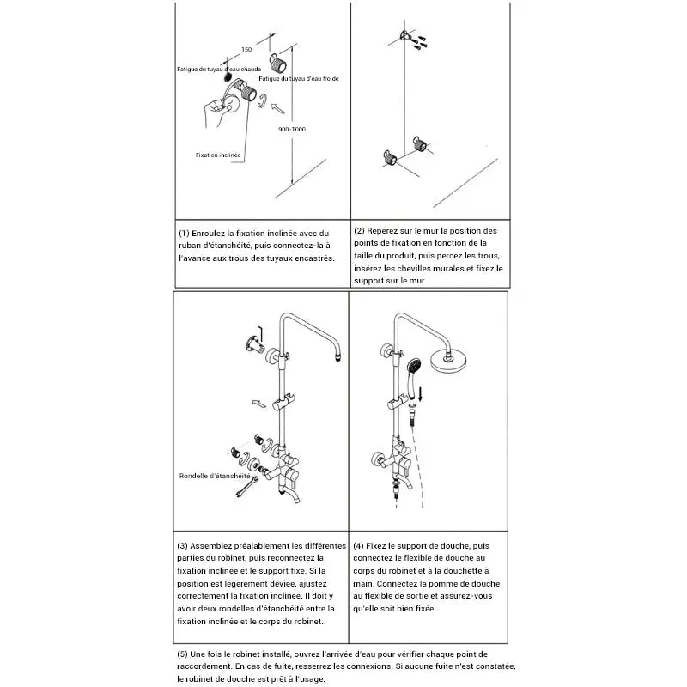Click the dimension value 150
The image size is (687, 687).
(x=247, y=50)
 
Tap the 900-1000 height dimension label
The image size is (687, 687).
(x=293, y=129)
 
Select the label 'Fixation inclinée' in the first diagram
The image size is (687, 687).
(x=218, y=155)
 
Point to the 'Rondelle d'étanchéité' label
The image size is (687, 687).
(x=214, y=475)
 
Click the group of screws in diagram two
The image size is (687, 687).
(x=420, y=40)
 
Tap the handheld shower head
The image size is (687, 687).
(x=414, y=368)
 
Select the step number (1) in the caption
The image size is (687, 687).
(x=184, y=233)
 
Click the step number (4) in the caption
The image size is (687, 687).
(x=358, y=545)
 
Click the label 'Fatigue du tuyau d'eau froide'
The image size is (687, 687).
(x=298, y=78)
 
